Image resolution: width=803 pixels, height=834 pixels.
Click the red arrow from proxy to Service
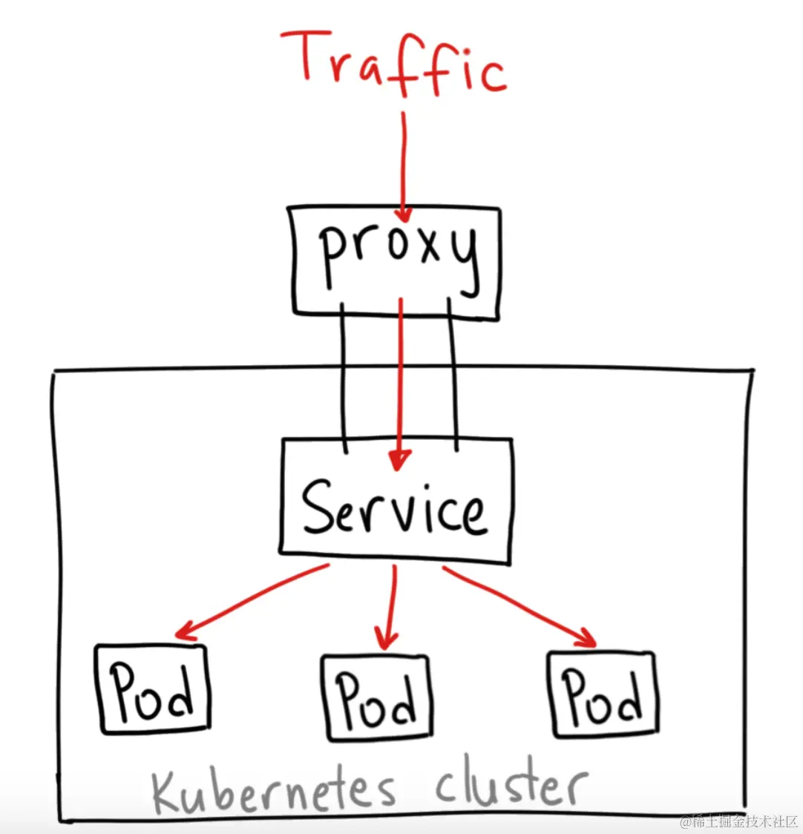coord(400,378)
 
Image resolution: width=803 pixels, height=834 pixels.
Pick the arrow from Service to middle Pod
coord(389,605)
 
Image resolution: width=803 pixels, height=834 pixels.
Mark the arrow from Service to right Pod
coord(520,605)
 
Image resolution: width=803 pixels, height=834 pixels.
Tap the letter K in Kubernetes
coord(170,793)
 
